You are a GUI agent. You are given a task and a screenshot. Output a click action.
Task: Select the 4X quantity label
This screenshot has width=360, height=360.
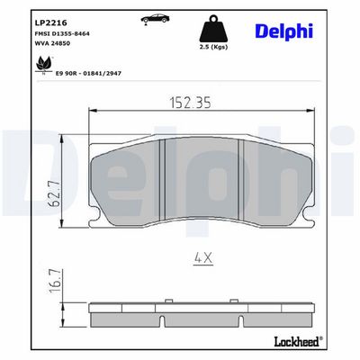(x=203, y=259)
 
